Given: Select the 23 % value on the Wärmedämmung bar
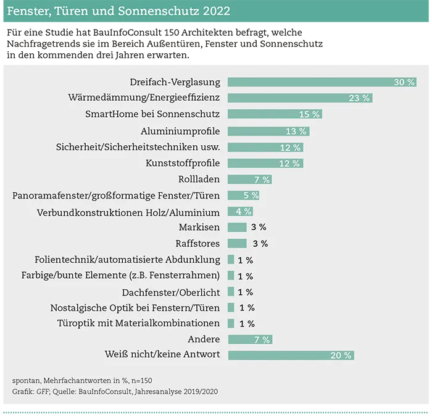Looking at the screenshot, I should click(359, 98).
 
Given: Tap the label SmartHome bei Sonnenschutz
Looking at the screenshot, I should click(152, 114).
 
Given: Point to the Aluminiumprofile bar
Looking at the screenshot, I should click(268, 131).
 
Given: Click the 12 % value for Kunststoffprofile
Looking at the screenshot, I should click(289, 163).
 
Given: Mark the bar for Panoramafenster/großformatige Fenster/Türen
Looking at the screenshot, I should click(243, 195).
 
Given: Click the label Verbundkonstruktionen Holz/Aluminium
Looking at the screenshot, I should click(128, 211).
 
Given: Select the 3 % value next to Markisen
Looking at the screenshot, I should click(259, 227).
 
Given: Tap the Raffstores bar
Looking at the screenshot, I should click(237, 244).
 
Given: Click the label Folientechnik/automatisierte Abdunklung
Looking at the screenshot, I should click(128, 260).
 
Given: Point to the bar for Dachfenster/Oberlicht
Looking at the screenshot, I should click(231, 292).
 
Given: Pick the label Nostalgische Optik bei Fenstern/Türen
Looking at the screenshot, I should click(135, 308).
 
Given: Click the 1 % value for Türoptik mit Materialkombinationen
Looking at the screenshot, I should click(246, 324).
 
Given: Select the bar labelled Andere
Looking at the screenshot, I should click(249, 339).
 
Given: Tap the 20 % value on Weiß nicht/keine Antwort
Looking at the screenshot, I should click(341, 355).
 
